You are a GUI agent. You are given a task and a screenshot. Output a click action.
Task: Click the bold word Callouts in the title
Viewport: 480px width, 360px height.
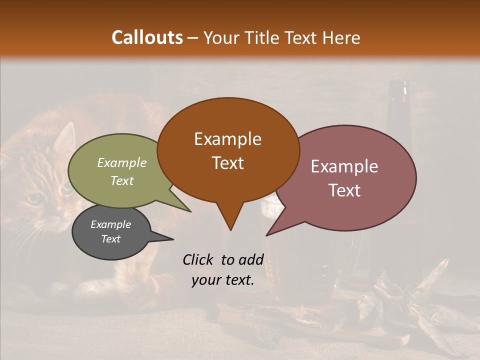pyautogui.click(x=147, y=37)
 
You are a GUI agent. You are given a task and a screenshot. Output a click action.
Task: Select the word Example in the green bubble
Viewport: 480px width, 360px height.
pyautogui.click(x=121, y=162)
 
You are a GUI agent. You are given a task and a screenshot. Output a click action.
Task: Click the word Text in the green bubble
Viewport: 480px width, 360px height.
pyautogui.click(x=121, y=180)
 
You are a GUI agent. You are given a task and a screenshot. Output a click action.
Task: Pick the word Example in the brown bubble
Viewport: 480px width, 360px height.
pyautogui.click(x=227, y=139)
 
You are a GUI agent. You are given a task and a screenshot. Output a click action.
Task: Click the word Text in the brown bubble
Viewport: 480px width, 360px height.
pyautogui.click(x=227, y=163)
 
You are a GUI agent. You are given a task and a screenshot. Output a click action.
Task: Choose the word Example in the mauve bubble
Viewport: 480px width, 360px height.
pyautogui.click(x=344, y=166)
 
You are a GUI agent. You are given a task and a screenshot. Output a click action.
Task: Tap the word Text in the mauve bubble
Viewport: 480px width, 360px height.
pyautogui.click(x=344, y=190)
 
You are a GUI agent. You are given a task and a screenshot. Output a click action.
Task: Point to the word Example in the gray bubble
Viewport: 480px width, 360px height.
pyautogui.click(x=110, y=224)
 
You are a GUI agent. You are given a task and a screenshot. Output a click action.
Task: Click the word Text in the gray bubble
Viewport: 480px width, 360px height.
pyautogui.click(x=110, y=239)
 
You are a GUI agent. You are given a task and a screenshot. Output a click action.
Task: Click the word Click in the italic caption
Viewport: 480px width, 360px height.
pyautogui.click(x=199, y=259)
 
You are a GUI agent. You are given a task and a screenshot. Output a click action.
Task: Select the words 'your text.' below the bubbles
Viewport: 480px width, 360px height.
pyautogui.click(x=223, y=280)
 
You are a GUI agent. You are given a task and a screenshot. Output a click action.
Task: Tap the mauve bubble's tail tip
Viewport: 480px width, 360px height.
pyautogui.click(x=267, y=235)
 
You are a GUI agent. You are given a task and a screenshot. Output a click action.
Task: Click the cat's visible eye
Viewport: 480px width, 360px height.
pyautogui.click(x=34, y=198)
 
